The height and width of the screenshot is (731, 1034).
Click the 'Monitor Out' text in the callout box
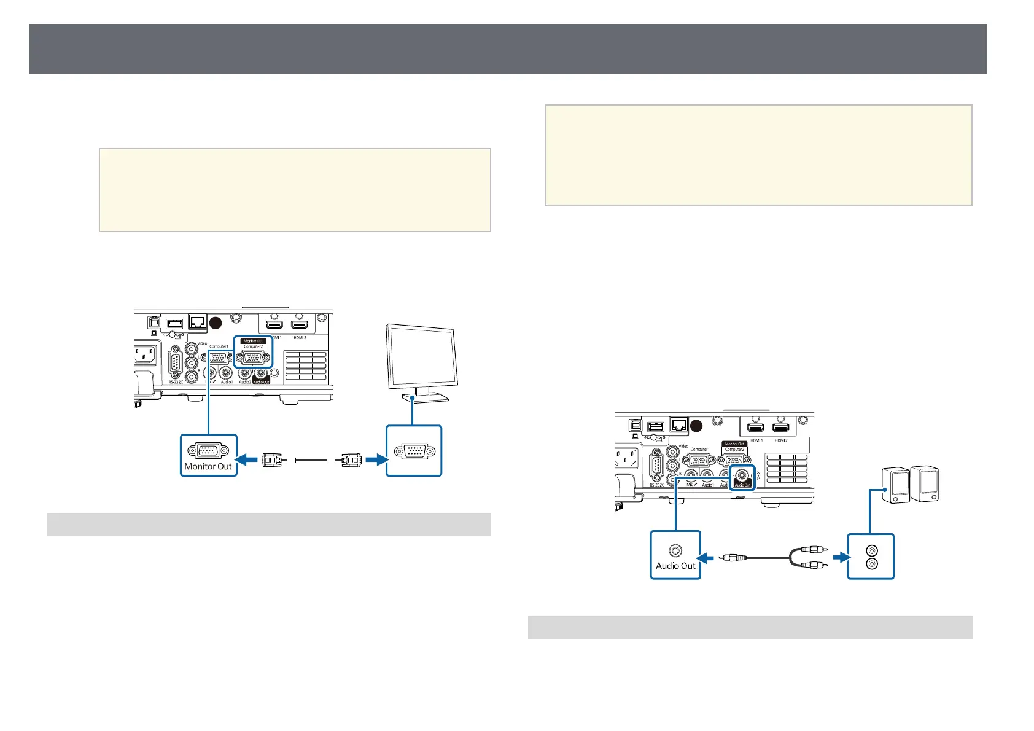208,466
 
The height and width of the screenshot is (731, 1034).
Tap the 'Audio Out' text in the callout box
675,566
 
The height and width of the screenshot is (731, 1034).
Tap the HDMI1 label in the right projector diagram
756,440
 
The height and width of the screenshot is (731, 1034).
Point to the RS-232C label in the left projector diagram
176,382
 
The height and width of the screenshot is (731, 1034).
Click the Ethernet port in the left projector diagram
198,321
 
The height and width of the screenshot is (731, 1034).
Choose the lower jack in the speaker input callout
870,564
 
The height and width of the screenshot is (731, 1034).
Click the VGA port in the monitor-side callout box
413,451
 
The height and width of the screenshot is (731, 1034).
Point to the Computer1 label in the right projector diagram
700,450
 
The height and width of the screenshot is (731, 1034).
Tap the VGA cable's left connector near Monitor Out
272,459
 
